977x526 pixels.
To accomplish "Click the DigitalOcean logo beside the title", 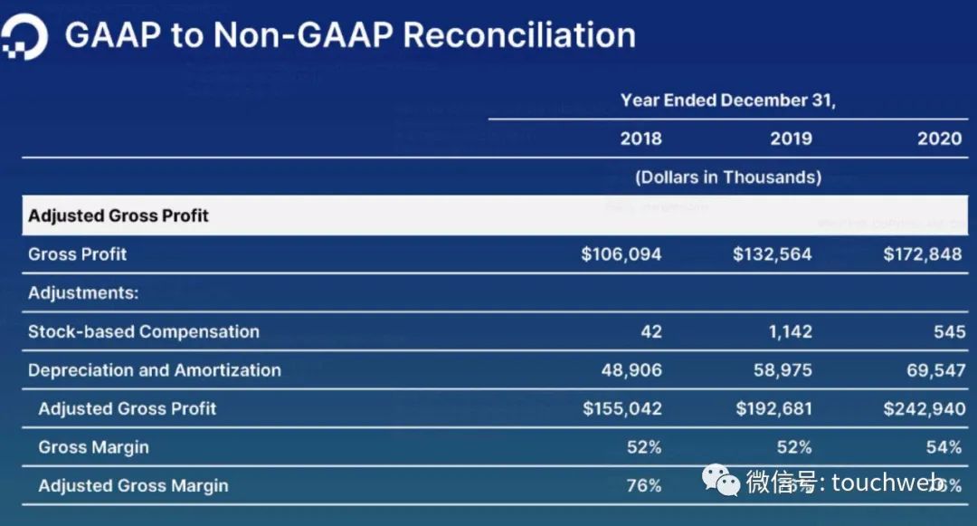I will (x=24, y=37).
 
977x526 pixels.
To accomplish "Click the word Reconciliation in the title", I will (x=518, y=35).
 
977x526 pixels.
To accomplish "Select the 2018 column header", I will (x=640, y=139).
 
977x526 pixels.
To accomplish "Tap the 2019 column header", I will (x=791, y=139).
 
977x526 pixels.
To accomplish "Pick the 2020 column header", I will (x=940, y=139).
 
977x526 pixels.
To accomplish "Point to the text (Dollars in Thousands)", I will (x=728, y=177).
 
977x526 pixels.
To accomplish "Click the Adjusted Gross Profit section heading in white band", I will (x=119, y=215).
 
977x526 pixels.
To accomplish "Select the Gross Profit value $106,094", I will (x=621, y=254).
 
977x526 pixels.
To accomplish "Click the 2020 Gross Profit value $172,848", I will (x=923, y=254).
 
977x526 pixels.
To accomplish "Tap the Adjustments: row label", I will (x=82, y=293).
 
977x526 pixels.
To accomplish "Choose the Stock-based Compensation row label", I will (x=144, y=331).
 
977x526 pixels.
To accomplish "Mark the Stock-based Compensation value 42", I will (x=650, y=331).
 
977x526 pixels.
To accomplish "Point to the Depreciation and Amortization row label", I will (x=155, y=370).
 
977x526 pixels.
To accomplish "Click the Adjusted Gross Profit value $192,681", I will (x=773, y=408).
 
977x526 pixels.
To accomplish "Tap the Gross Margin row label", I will (x=93, y=447).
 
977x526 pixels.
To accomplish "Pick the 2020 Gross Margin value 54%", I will (x=944, y=447).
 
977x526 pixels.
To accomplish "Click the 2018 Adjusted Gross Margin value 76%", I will (x=644, y=486).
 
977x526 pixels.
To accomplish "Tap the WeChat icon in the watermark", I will (x=722, y=481).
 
